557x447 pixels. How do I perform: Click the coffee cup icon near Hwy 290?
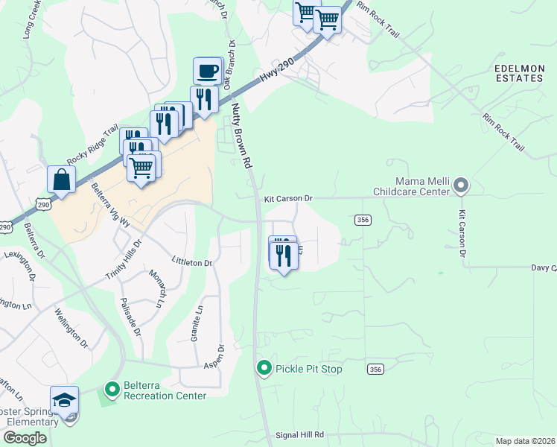coord(208,71)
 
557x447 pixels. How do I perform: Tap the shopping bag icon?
coord(61,180)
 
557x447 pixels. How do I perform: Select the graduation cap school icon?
coord(65,400)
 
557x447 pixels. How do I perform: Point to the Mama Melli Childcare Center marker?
coord(461,185)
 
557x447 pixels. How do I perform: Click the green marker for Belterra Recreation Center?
coord(112,389)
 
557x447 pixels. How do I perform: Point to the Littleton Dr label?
coord(192,263)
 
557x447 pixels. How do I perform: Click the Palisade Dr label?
coord(130,317)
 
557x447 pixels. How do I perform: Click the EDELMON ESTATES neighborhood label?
coord(519,72)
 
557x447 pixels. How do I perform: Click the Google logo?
coord(25,438)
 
